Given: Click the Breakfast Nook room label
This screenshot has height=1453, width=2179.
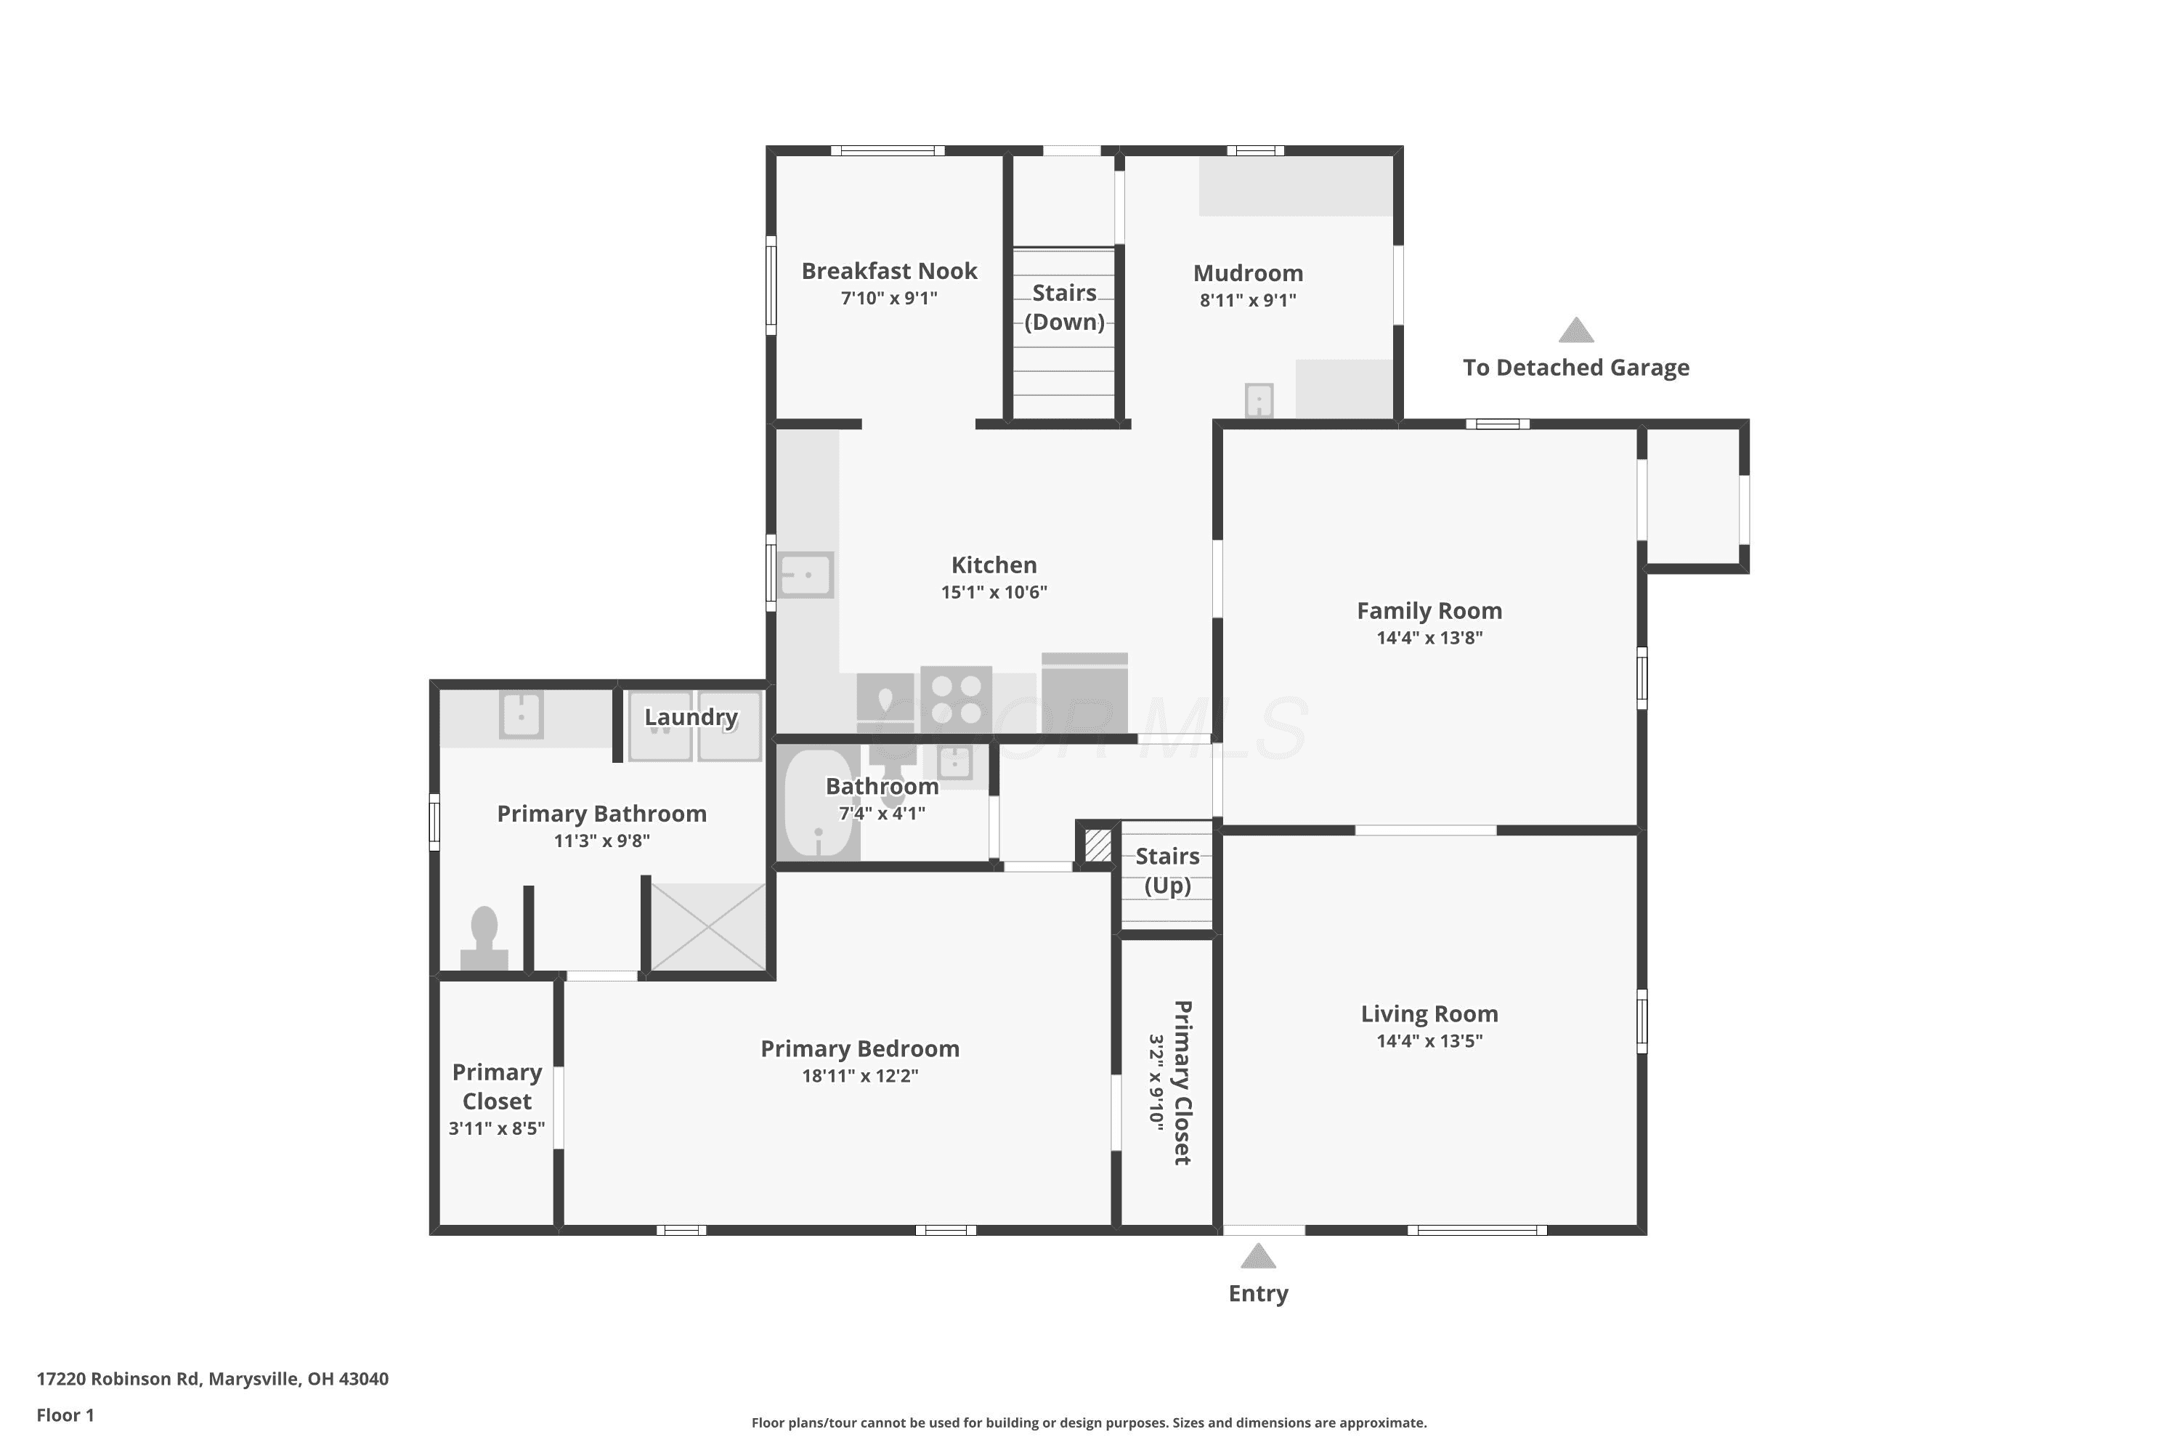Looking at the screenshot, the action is coord(888,270).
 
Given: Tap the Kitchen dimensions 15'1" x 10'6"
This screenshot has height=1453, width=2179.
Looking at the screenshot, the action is coord(994,592).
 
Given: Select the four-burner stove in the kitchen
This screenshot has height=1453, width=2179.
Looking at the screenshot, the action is coord(956,700).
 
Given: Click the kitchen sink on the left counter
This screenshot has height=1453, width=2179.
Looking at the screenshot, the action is coord(805,575).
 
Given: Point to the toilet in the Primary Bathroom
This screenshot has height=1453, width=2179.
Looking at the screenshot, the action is coord(484,938).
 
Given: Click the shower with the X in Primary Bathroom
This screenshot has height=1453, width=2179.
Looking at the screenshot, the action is coord(707,927).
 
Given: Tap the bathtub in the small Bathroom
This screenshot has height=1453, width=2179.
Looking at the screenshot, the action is coord(818,804).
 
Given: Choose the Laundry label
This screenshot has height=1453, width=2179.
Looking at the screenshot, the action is coord(691,716).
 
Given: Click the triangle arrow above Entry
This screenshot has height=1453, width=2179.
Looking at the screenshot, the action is coord(1258,1257).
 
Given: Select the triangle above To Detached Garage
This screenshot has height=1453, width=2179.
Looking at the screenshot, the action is coord(1576,330).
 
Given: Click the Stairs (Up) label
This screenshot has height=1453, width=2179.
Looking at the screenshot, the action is coord(1167,870).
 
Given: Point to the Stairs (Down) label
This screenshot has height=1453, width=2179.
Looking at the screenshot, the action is coord(1065,307).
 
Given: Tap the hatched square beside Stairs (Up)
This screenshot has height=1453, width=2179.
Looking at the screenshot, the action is coord(1097,845).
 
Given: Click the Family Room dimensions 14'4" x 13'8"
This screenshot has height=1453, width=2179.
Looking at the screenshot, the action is coord(1429,638).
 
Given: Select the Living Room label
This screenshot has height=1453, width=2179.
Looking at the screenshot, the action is coord(1429,1013).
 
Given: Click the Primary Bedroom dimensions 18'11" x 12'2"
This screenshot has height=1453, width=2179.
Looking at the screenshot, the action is coord(860,1076).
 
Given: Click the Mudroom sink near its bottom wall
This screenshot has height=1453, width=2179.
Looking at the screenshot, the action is coord(1259,400).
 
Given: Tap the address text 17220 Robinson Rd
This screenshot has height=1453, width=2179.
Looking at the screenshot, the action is coord(118,1378).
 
